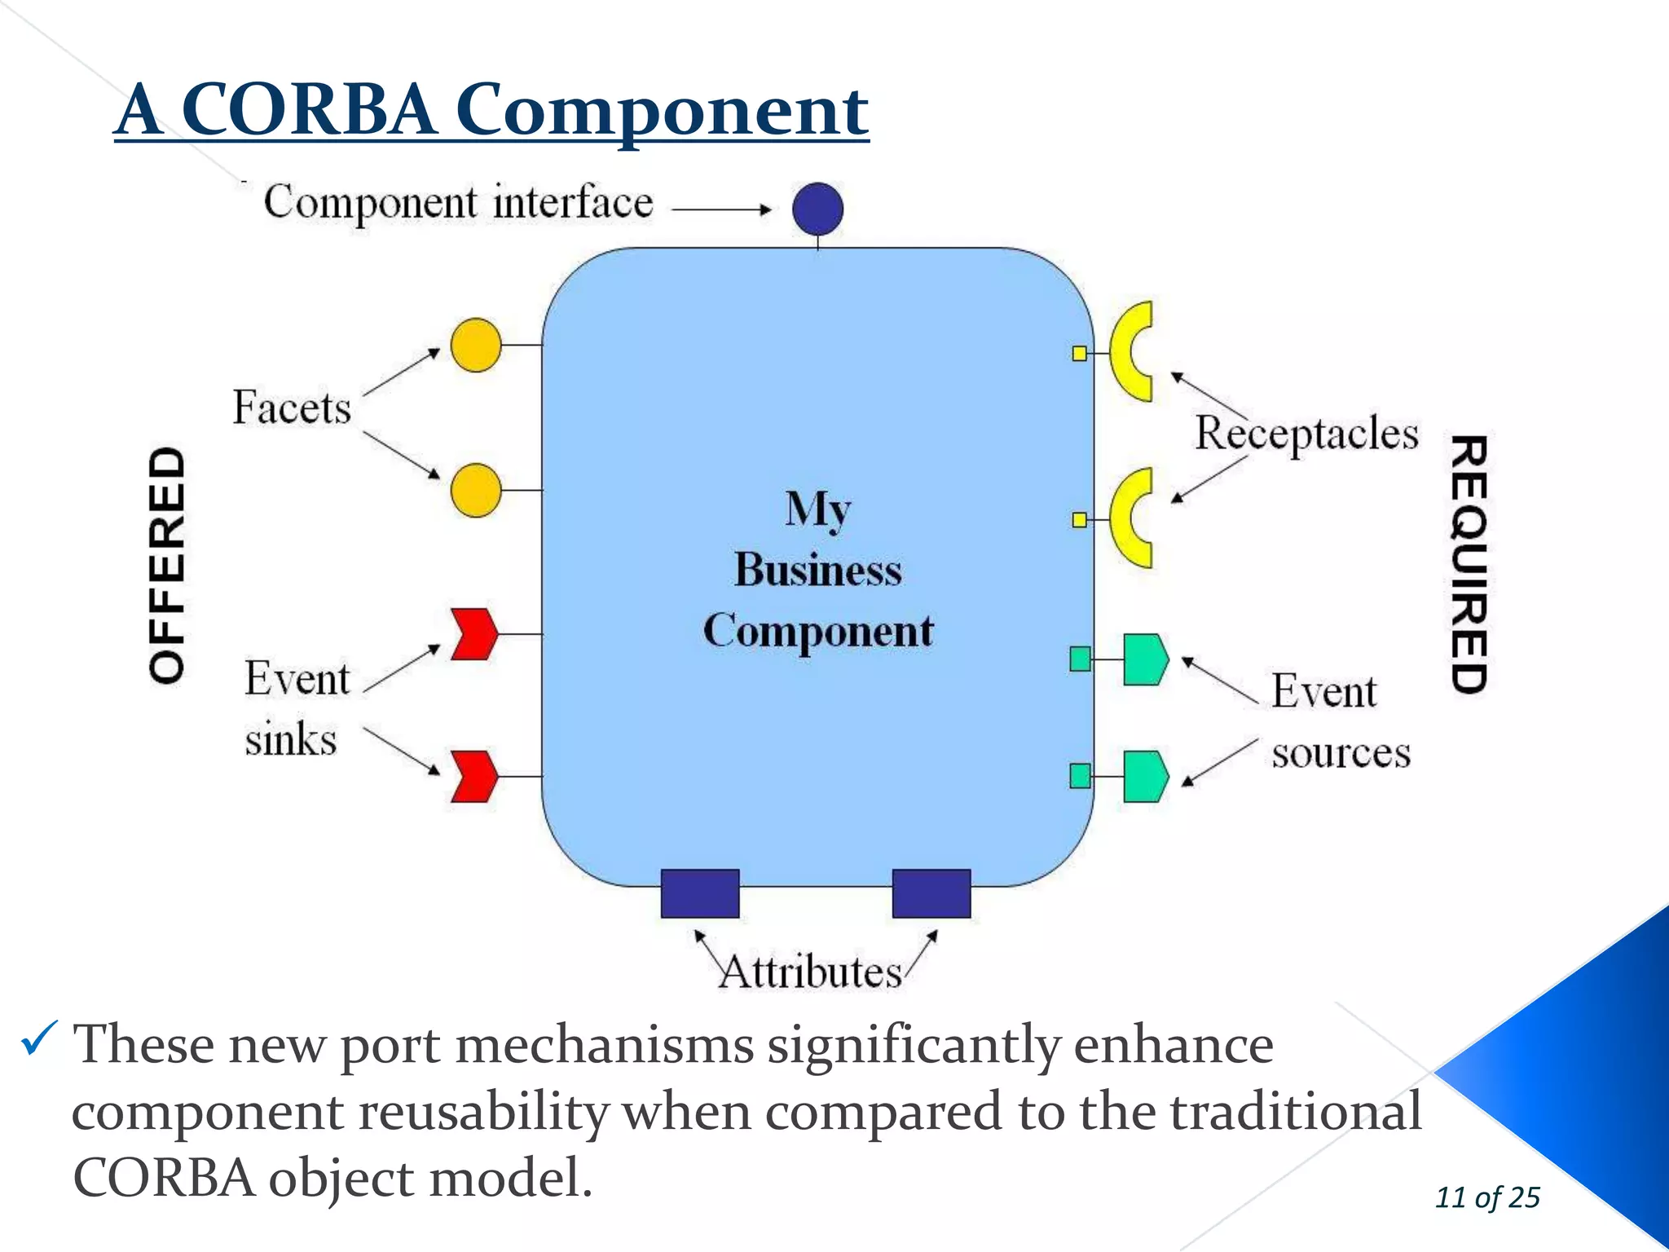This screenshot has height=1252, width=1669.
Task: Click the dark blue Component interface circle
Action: point(817,209)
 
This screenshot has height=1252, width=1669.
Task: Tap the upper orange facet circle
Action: point(476,346)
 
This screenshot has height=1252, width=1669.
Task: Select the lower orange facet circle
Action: point(476,491)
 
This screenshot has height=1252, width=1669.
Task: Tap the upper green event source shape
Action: point(1145,659)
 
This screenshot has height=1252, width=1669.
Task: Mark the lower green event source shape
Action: point(1145,776)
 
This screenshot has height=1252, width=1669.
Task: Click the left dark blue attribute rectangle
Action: point(699,893)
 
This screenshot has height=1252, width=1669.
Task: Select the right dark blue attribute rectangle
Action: point(931,893)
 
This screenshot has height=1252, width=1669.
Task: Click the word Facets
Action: point(292,408)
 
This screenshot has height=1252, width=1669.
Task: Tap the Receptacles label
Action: point(1306,434)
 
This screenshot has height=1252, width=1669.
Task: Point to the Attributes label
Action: point(810,972)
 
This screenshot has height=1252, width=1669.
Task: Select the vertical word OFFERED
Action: point(168,565)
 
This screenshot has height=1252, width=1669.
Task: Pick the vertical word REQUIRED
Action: point(1469,564)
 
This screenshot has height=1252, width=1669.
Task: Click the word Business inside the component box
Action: point(818,570)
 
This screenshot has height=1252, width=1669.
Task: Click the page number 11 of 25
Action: point(1487,1197)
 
